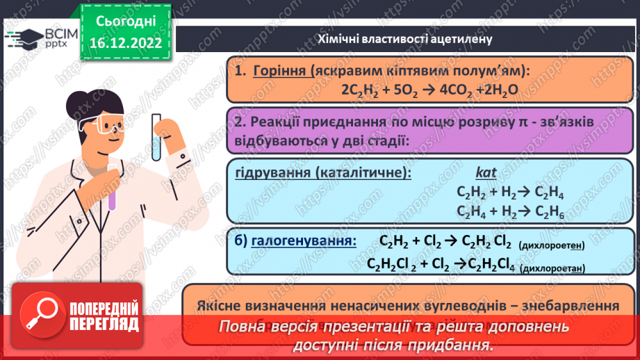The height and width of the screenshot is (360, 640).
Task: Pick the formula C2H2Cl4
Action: pyautogui.click(x=493, y=264)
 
